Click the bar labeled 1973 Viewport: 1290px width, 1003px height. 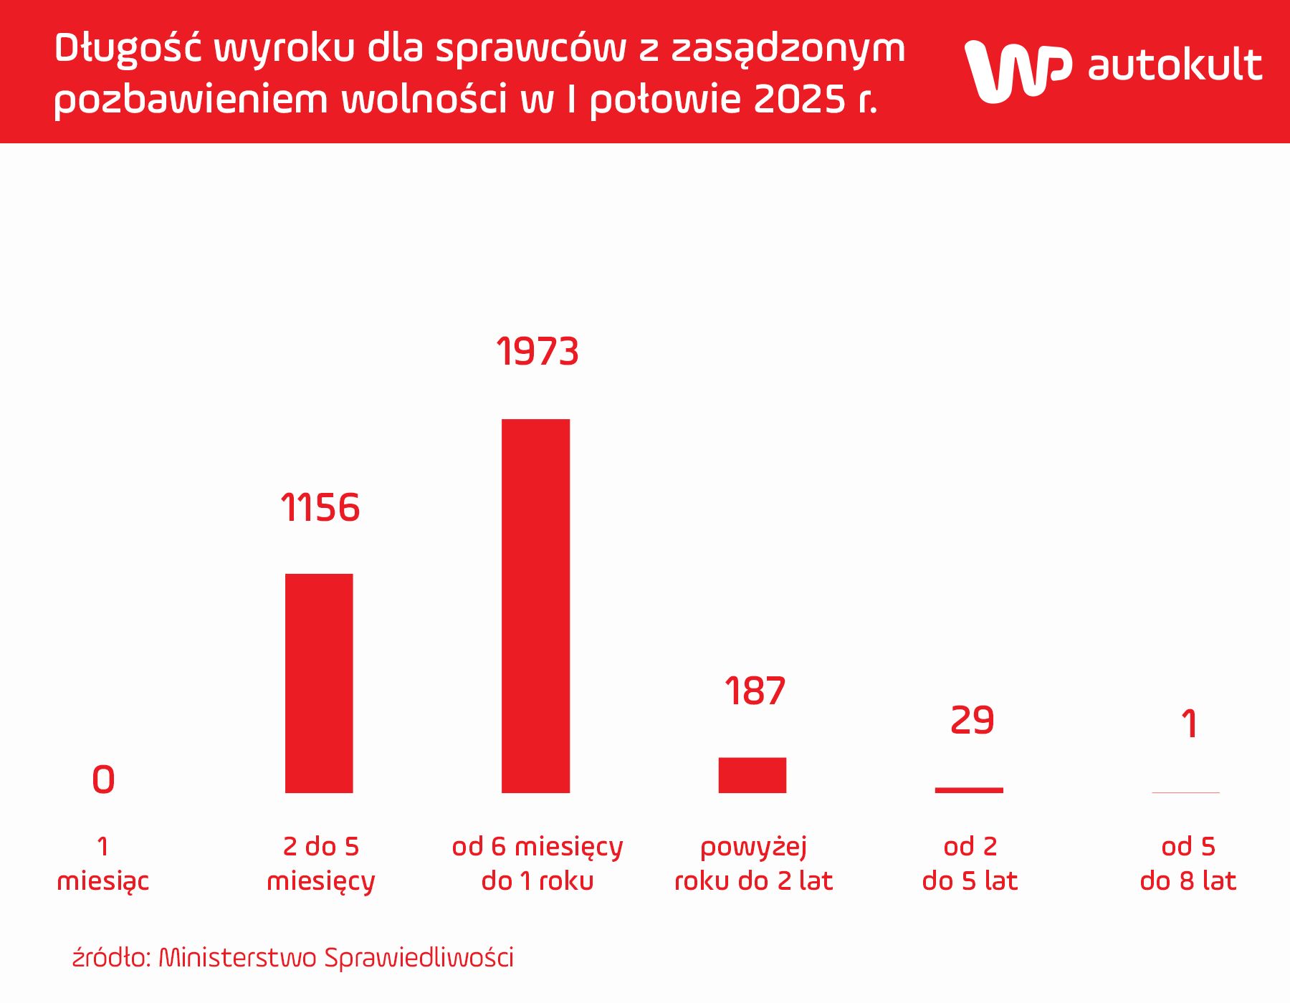coord(535,605)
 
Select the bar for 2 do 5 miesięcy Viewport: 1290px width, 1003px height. coord(319,683)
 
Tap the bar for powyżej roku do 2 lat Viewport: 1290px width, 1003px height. coord(752,775)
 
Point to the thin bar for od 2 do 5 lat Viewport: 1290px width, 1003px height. coord(969,790)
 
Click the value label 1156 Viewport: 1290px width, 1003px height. coord(320,508)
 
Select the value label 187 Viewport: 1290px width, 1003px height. coord(755,691)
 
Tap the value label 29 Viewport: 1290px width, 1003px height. coord(972,721)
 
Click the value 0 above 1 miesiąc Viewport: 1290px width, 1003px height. coord(103,779)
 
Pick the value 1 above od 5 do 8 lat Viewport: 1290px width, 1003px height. coord(1189,724)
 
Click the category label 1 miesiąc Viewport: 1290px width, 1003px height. coord(103,863)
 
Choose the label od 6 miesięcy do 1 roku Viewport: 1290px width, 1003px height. coord(537,863)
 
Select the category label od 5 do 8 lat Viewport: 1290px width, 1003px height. coord(1188,863)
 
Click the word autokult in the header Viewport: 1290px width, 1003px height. coord(1175,66)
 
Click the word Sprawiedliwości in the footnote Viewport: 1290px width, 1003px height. coord(419,958)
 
